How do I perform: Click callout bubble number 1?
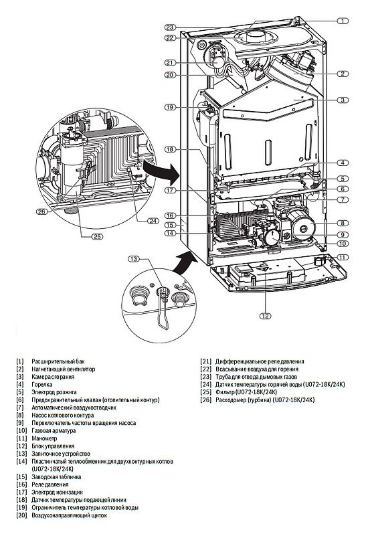[343, 21]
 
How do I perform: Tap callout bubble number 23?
[170, 27]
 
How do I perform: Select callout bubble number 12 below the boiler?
[265, 316]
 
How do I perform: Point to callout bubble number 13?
[134, 259]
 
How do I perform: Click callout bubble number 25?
[98, 236]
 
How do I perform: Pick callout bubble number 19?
[170, 107]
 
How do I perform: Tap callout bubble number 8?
[343, 224]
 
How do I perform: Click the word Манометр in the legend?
[44, 438]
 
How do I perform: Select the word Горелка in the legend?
[42, 385]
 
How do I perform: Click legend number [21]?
[205, 361]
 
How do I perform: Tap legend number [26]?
[205, 399]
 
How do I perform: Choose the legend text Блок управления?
[53, 446]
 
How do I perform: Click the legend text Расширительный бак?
[58, 361]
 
